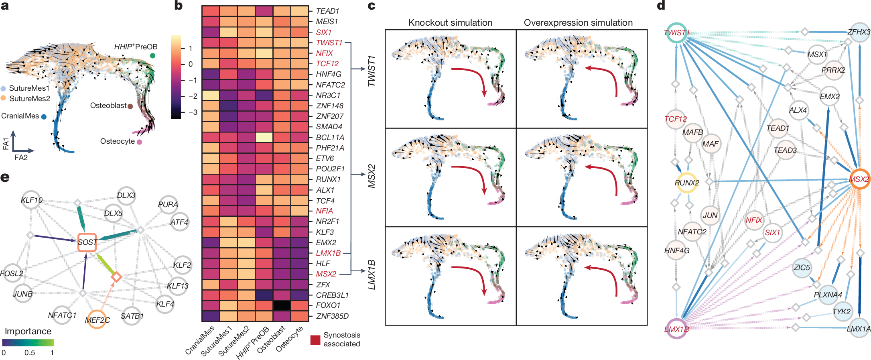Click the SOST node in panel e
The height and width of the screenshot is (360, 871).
pos(87,242)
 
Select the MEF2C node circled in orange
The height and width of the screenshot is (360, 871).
pos(97,319)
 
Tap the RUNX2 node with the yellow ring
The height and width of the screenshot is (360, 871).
pos(686,183)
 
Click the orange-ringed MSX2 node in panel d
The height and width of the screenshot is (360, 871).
pos(859,179)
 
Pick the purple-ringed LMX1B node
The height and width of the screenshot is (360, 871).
pos(676,329)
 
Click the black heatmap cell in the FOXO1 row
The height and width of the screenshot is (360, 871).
pos(282,305)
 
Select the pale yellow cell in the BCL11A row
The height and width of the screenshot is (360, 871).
pos(264,137)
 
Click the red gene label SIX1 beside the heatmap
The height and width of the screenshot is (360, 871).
pos(324,32)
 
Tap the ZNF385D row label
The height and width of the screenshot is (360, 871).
pos(332,316)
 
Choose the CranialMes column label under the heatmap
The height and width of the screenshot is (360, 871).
pos(200,340)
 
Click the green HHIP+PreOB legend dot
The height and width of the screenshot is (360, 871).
pos(152,55)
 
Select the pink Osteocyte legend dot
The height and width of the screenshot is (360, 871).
pos(139,142)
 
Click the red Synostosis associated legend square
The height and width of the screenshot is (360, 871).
pos(315,340)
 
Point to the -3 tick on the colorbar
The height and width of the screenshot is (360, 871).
pos(193,112)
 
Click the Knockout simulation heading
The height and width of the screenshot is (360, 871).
pos(450,22)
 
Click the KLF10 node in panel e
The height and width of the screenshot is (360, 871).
pos(32,200)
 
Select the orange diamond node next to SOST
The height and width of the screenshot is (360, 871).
pos(116,277)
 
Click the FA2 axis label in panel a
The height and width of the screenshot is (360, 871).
pos(21,158)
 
